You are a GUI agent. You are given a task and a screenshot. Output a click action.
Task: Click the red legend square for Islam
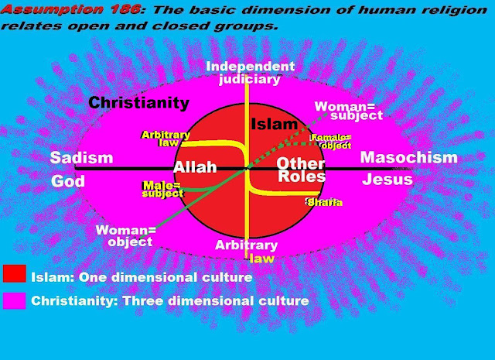pos(14,274)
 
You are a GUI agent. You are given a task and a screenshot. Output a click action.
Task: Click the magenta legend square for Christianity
pos(14,300)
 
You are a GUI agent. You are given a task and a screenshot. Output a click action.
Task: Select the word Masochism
pos(408,158)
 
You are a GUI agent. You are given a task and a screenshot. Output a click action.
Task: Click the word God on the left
pos(67,181)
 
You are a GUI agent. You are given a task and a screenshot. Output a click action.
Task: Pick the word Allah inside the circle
pos(195,168)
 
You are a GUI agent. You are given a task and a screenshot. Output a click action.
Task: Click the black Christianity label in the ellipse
pos(138,102)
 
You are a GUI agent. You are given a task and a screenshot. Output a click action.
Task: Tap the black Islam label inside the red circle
pos(274,124)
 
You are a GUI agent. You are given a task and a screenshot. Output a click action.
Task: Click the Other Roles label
pos(301,170)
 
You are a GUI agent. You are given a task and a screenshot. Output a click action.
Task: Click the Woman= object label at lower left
pos(125,236)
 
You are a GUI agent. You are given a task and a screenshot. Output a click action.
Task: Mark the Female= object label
pos(331,141)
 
